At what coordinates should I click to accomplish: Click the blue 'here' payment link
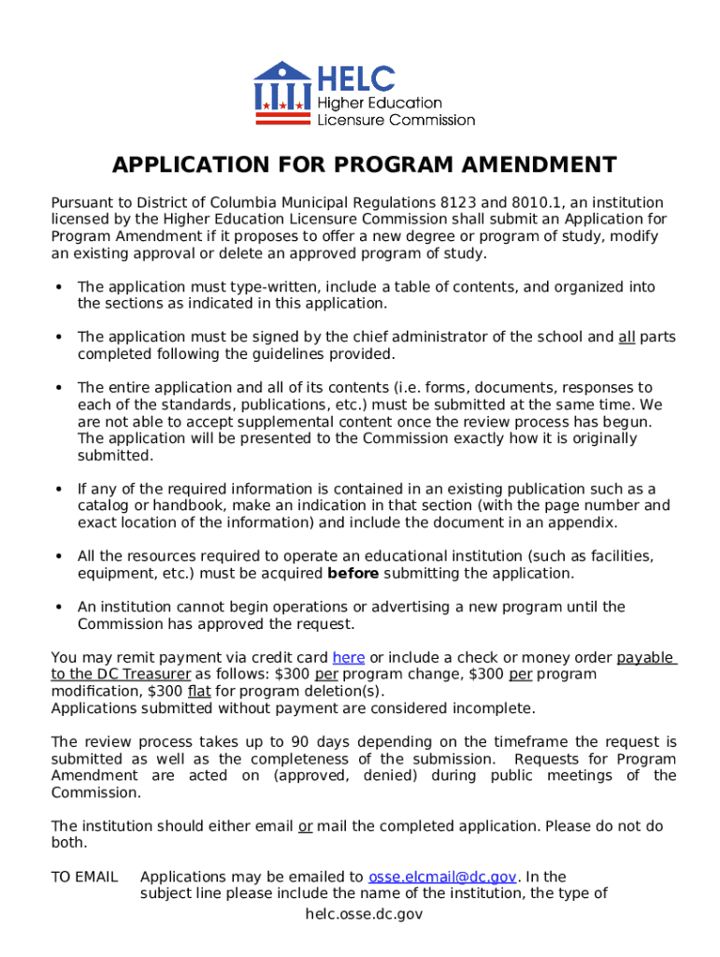[348, 657]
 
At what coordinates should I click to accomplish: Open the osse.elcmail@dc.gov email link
[442, 877]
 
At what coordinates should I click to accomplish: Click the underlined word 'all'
[626, 337]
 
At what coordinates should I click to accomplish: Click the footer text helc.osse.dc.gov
[364, 914]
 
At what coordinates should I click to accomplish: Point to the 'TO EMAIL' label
[84, 877]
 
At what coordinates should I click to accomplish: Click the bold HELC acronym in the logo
[356, 79]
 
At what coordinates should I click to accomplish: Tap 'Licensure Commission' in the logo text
[396, 120]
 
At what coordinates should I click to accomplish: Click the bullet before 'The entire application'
[59, 388]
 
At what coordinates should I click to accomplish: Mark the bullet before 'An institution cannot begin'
[59, 607]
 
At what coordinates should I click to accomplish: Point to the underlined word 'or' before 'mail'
[305, 826]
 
